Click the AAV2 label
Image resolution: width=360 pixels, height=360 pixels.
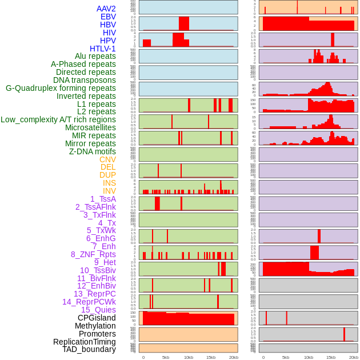(x=106, y=9)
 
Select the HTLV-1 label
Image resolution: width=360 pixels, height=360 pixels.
(x=103, y=49)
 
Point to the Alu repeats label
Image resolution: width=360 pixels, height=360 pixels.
(x=95, y=56)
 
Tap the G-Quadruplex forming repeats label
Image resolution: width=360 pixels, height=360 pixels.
(x=61, y=88)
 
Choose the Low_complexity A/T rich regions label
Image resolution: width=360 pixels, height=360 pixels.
(x=58, y=119)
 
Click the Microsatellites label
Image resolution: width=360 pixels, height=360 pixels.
(x=90, y=127)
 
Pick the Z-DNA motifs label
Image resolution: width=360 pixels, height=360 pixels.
(x=93, y=151)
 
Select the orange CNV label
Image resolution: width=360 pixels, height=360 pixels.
(x=107, y=159)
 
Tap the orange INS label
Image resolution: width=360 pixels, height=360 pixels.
(x=109, y=183)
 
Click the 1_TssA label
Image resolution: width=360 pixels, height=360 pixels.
(x=103, y=199)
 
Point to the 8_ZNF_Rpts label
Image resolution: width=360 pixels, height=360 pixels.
(x=93, y=254)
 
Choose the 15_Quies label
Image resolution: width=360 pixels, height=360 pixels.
(x=98, y=310)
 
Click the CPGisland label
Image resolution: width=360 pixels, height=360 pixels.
(x=97, y=318)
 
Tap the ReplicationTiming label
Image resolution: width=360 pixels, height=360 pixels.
(x=85, y=342)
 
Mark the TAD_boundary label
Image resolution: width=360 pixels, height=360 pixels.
(x=89, y=349)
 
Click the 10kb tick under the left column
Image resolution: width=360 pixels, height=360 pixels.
(x=188, y=357)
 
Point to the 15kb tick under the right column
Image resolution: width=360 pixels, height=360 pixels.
(x=331, y=357)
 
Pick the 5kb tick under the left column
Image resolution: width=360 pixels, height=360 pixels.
(x=166, y=357)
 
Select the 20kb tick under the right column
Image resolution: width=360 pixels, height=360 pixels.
(x=354, y=357)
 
